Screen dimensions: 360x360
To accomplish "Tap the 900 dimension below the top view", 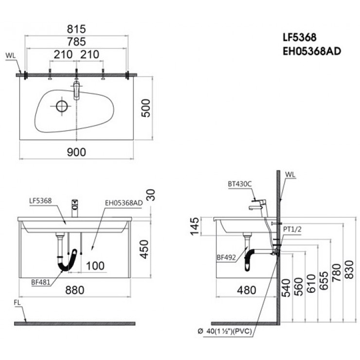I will pyautogui.click(x=76, y=152).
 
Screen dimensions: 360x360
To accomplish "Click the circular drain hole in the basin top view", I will pyautogui.click(x=62, y=106).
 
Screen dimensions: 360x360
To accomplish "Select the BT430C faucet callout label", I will pyautogui.click(x=239, y=184).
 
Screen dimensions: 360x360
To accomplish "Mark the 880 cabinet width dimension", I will pyautogui.click(x=75, y=290).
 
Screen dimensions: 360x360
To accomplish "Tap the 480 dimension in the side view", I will pyautogui.click(x=247, y=290).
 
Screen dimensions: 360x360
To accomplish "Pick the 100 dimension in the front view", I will pyautogui.click(x=95, y=266).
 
